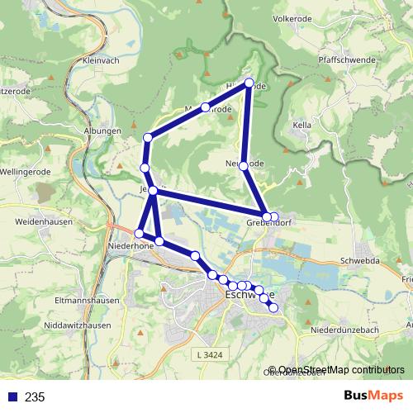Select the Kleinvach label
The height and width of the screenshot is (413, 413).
pos(102,60)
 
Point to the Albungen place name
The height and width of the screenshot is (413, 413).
pos(102,131)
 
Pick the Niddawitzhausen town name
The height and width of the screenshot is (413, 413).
pos(69,325)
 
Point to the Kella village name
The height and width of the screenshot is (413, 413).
pos(301,125)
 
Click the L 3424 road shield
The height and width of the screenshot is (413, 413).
pos(211,355)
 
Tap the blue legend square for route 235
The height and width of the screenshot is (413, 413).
pos(11,397)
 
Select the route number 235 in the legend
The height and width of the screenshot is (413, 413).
pos(35,397)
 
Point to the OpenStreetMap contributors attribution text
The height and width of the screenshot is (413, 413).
pos(336,370)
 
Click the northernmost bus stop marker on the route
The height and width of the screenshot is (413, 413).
pos(249,82)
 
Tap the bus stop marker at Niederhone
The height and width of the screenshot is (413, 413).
pos(139,235)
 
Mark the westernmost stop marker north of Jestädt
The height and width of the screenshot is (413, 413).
pos(145,168)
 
